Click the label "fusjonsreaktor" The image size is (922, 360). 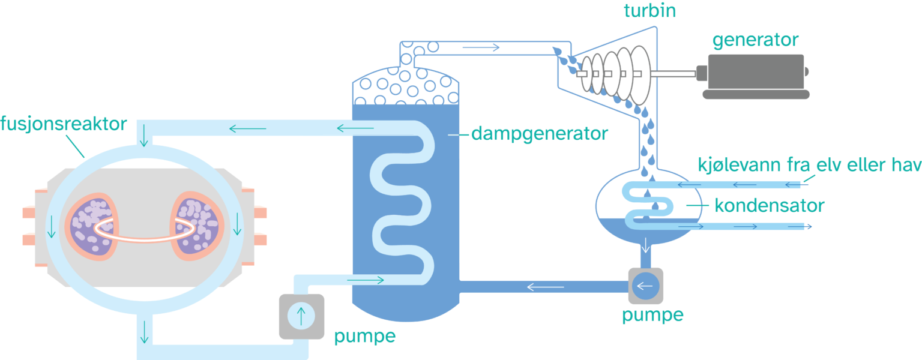pos(64,125)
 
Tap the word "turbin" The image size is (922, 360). pos(649,11)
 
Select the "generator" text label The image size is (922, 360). pos(755,40)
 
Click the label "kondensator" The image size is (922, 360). pos(770,206)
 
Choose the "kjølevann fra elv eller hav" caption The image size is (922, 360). pos(809,164)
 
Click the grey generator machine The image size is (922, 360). pos(755,75)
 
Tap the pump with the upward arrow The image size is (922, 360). pos(301,316)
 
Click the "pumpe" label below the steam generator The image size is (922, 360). pos(365,336)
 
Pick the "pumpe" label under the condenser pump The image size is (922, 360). pos(652,315)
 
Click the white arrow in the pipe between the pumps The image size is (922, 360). pos(545,287)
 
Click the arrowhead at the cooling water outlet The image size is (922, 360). pos(809,227)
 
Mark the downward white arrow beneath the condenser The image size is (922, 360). pos(646,245)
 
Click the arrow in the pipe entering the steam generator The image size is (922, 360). pos(365,280)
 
